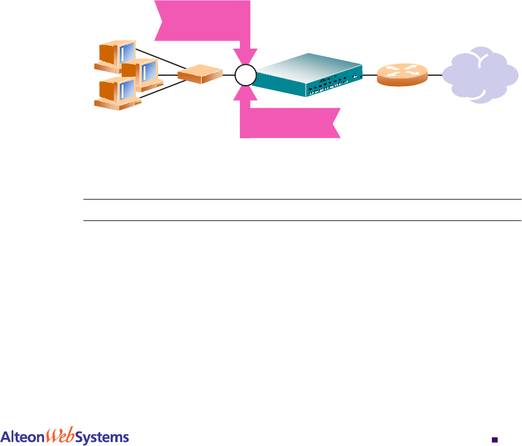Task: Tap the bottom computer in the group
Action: (118, 93)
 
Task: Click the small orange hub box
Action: (200, 74)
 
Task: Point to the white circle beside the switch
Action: (246, 75)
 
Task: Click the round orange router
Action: (401, 75)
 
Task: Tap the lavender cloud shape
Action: (480, 76)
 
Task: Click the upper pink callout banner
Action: (203, 21)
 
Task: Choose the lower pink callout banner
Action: (290, 123)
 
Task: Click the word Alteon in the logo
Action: (23, 437)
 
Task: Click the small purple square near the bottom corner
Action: (494, 439)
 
